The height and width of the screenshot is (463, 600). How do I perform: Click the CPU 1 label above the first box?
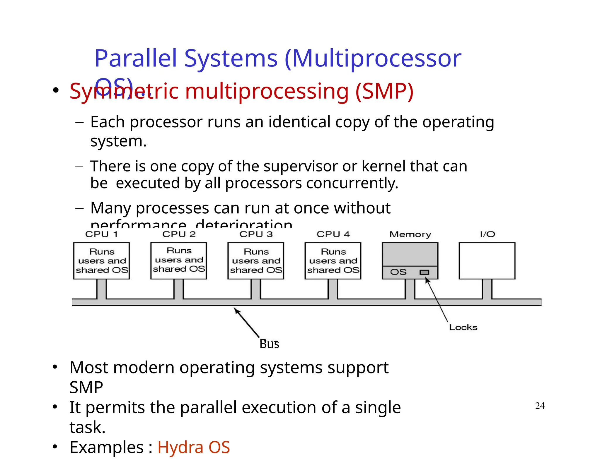pos(101,234)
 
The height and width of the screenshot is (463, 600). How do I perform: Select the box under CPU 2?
pos(179,260)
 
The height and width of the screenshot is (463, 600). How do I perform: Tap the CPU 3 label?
pos(256,234)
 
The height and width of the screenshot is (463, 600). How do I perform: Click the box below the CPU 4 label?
pos(333,260)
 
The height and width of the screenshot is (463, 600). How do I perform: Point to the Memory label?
pos(410,234)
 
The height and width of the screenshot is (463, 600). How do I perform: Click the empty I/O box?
pos(487,260)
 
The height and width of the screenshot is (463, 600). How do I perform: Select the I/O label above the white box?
pos(487,234)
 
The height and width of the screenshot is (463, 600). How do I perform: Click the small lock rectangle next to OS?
pos(424,272)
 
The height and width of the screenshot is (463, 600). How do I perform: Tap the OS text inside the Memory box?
pos(398,272)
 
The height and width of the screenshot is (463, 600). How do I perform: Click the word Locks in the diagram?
pos(463,327)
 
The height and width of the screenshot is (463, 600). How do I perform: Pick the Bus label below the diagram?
pos(269,344)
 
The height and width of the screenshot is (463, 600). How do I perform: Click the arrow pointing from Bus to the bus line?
pos(247,322)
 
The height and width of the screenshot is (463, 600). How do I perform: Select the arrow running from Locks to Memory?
pos(437,300)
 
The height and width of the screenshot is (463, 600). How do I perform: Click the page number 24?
pos(540,406)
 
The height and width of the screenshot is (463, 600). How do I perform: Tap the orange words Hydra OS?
pos(194,447)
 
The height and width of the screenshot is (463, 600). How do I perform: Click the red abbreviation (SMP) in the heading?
pos(384,91)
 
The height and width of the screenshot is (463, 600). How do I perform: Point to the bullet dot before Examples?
pos(55,447)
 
